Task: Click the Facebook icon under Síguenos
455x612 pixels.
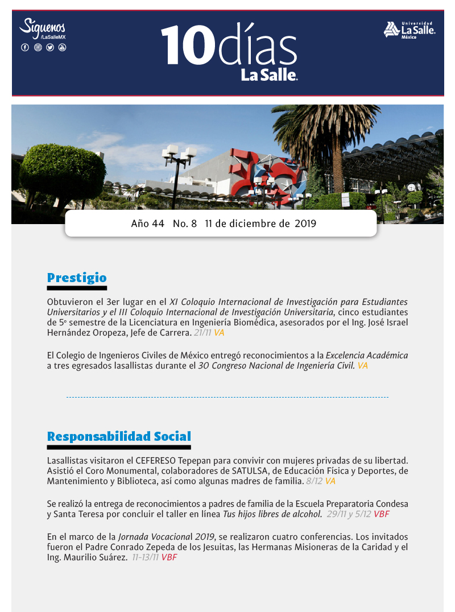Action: point(25,47)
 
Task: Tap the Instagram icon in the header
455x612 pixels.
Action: point(38,47)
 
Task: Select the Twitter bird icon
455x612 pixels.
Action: point(50,47)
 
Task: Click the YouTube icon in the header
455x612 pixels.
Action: point(62,47)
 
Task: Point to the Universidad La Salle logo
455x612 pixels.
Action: point(409,30)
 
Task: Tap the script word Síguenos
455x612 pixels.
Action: point(43,26)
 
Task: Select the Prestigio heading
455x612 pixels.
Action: point(77,278)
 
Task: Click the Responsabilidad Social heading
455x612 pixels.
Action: point(119,436)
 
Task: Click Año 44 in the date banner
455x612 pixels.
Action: point(147,224)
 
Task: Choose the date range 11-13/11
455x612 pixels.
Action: point(145,557)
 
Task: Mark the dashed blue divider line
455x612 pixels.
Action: point(227,397)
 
